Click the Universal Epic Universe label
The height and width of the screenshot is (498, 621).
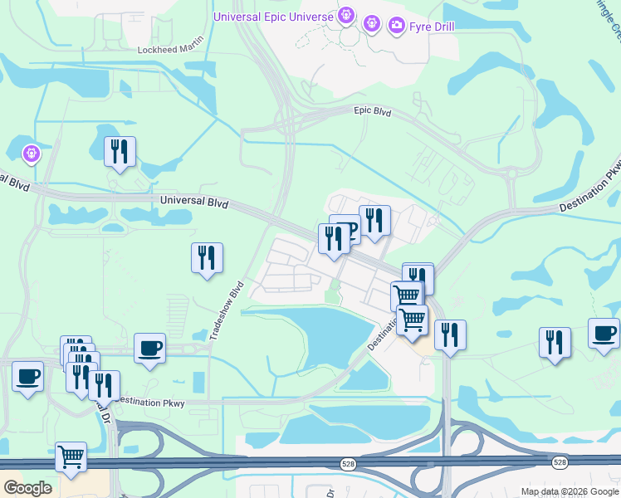(x=273, y=16)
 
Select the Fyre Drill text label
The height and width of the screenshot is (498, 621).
(x=430, y=27)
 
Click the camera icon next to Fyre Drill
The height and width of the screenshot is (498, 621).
(x=397, y=27)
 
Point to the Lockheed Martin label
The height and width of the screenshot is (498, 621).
(x=170, y=50)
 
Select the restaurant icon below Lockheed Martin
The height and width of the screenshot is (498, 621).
(x=120, y=151)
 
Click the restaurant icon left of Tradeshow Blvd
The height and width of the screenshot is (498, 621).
(x=207, y=257)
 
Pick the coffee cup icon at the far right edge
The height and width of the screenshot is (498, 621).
(x=604, y=333)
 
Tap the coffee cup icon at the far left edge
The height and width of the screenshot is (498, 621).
(x=27, y=377)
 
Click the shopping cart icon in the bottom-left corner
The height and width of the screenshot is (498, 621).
(x=71, y=457)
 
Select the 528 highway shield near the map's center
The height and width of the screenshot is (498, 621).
(x=349, y=464)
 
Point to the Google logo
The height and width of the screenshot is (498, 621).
(x=27, y=488)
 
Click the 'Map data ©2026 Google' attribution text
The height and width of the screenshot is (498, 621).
(x=569, y=491)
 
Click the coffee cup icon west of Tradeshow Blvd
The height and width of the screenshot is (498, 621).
(x=149, y=349)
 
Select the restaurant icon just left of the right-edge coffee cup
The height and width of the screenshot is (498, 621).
(x=555, y=342)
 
